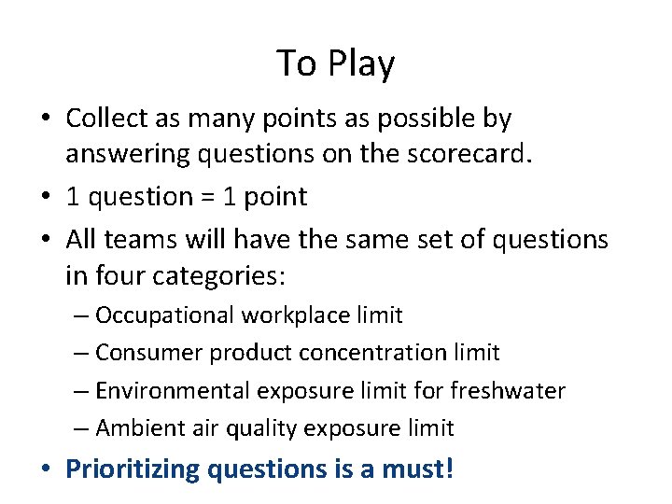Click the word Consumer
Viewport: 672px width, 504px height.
click(x=148, y=353)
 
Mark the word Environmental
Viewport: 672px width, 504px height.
click(x=170, y=390)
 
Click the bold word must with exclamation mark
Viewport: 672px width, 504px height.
click(x=418, y=468)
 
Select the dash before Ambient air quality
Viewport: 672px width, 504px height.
click(x=81, y=428)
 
